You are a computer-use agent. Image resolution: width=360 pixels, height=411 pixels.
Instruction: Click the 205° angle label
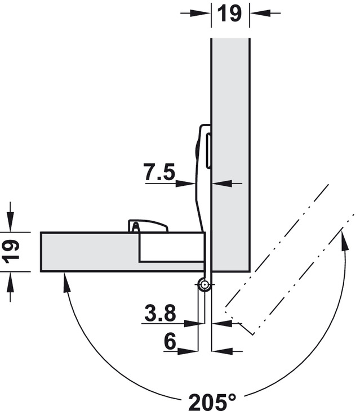click(x=212, y=401)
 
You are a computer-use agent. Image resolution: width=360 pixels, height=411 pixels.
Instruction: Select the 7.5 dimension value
click(x=159, y=172)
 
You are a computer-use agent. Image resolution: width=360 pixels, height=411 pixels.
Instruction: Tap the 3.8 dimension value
click(x=160, y=312)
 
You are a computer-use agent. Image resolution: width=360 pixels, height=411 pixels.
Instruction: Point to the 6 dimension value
click(x=170, y=341)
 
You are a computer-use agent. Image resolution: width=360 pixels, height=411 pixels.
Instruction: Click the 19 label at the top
click(x=229, y=14)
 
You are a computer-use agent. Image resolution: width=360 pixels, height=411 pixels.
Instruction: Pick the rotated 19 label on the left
click(x=11, y=252)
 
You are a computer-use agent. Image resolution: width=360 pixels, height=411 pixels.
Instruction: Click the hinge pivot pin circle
click(x=205, y=284)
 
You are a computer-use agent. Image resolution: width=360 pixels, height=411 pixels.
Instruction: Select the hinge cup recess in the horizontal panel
click(x=172, y=247)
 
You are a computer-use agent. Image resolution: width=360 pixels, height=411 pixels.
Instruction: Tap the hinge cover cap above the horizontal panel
click(x=148, y=226)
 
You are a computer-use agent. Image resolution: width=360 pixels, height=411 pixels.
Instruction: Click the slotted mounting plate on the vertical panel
click(x=208, y=150)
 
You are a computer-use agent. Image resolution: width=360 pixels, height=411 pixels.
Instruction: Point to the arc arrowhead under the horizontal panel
click(x=66, y=282)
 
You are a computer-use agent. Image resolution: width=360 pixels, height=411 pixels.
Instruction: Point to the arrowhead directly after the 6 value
click(x=188, y=351)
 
